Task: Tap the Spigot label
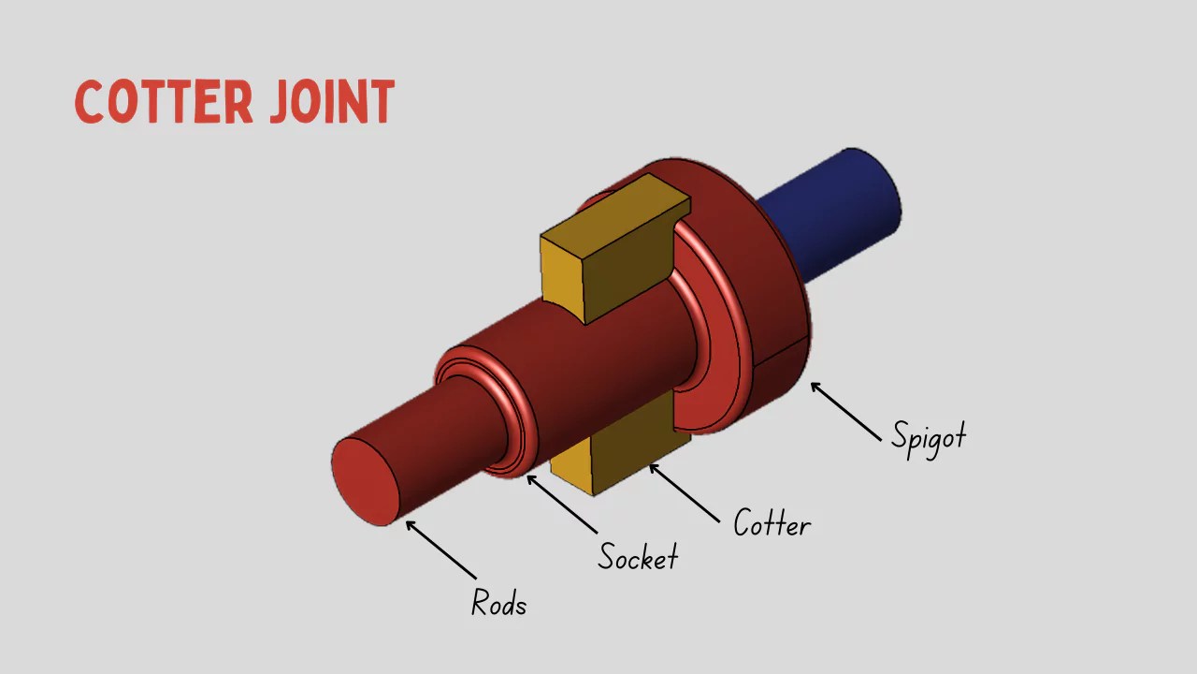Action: tap(928, 437)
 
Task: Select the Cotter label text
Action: tap(772, 523)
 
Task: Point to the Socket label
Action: tap(638, 557)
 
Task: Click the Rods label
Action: tap(498, 603)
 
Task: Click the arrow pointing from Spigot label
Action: tap(846, 412)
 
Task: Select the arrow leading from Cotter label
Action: tap(685, 492)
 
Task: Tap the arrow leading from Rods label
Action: tap(440, 549)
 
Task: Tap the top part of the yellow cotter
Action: tap(608, 253)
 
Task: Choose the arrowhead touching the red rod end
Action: tap(410, 524)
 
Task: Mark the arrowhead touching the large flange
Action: tap(815, 386)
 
